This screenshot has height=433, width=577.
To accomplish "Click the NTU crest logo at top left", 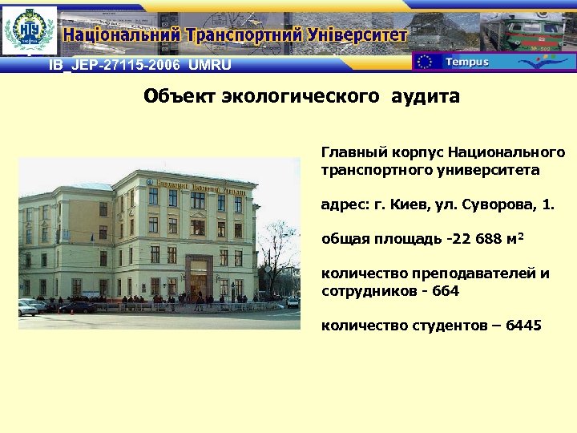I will [x=30, y=31].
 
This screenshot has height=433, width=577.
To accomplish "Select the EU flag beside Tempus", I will [x=426, y=62].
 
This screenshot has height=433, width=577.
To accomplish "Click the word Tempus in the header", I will [x=466, y=62].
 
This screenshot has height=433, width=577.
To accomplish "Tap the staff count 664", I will [x=446, y=291].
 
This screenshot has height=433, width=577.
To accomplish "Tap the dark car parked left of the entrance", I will [x=76, y=306].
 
